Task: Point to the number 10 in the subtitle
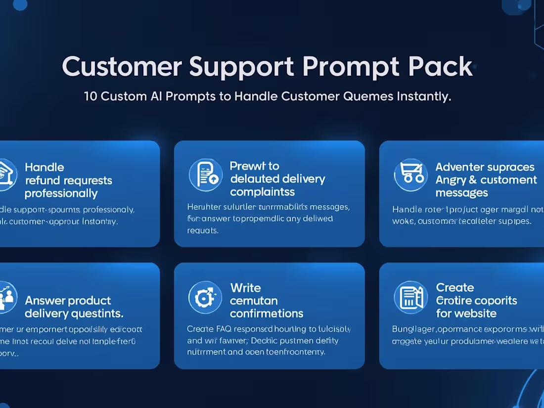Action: pos(91,96)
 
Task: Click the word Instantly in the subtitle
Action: pos(424,96)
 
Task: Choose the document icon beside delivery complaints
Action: pos(205,175)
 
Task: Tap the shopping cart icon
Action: pos(410,175)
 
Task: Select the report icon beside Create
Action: pos(410,297)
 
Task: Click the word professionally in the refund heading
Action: pos(61,193)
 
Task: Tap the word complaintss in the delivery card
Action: pos(262,192)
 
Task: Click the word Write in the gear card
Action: pos(245,288)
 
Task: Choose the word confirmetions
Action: pos(267,314)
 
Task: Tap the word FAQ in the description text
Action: pos(223,329)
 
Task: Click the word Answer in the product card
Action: pos(45,301)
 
